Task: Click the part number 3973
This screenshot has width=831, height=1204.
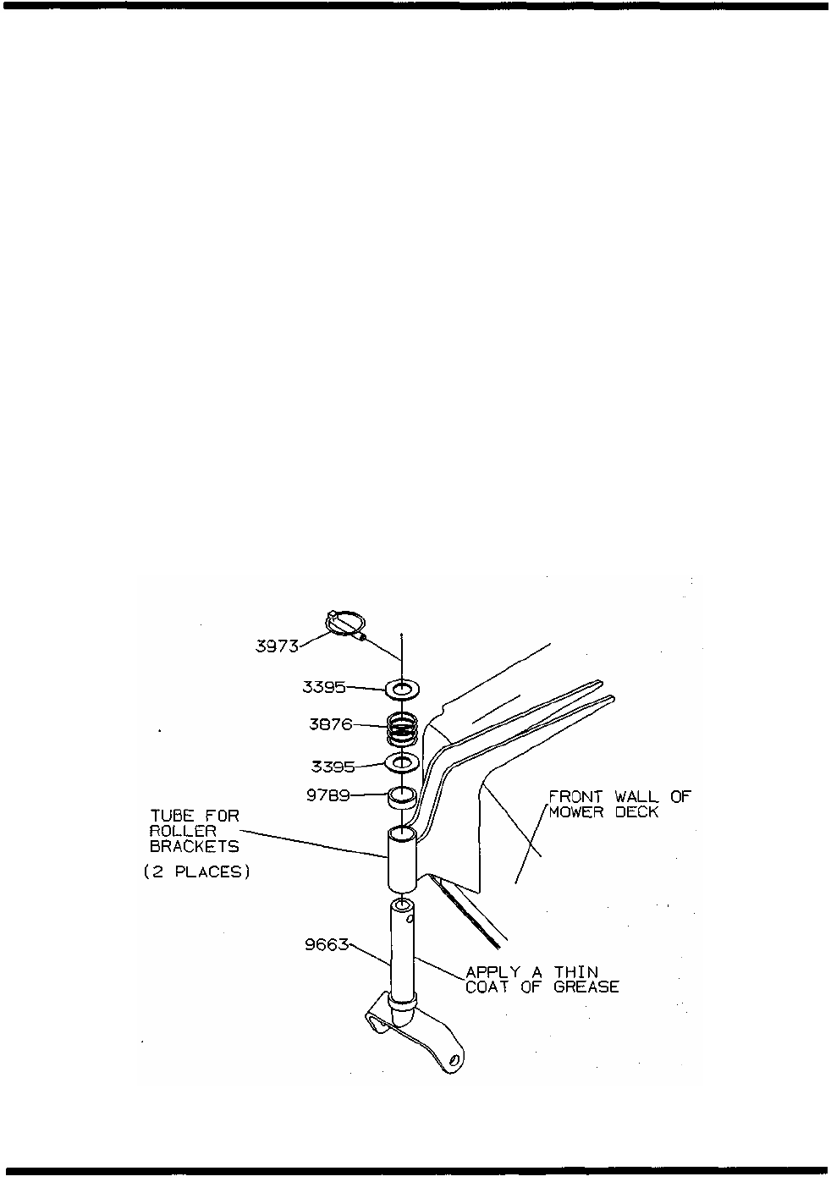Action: pyautogui.click(x=277, y=646)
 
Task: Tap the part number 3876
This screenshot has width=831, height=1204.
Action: pyautogui.click(x=330, y=726)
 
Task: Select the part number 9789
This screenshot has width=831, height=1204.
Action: pyautogui.click(x=327, y=796)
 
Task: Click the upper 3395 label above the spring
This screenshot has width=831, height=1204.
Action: pyautogui.click(x=324, y=688)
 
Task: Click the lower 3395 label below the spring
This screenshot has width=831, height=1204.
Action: pyautogui.click(x=333, y=767)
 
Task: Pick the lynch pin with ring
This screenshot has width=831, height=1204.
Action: pyautogui.click(x=345, y=625)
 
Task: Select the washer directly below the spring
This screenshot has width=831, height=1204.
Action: pyautogui.click(x=403, y=763)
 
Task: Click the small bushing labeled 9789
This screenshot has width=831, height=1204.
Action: pyautogui.click(x=403, y=796)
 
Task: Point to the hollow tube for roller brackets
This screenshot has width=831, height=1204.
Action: pyautogui.click(x=403, y=859)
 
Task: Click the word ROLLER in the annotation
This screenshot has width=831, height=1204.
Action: pyautogui.click(x=183, y=831)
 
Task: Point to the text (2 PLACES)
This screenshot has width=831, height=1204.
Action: pyautogui.click(x=197, y=872)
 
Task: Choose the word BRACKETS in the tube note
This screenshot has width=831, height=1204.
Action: pyautogui.click(x=195, y=846)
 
